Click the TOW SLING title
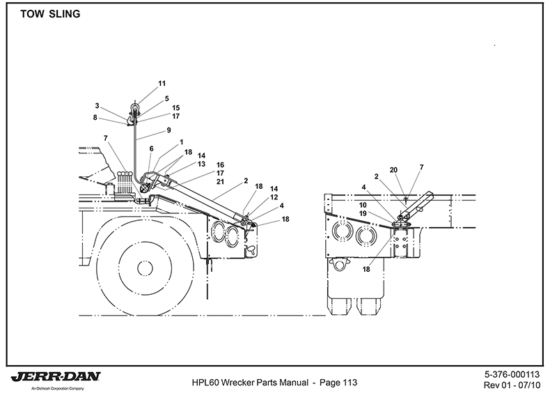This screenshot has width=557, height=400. [50, 14]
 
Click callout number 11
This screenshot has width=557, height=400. [162, 84]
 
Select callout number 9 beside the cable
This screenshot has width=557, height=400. [168, 130]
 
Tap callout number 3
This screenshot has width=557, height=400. [97, 106]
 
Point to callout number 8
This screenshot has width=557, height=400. [95, 117]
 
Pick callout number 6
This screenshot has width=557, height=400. [151, 148]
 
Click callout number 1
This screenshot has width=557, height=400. [182, 142]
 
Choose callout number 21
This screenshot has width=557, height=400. [220, 182]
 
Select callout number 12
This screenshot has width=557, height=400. [274, 197]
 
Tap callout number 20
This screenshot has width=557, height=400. [393, 170]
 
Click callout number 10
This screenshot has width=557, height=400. [363, 205]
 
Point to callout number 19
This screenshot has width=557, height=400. [363, 213]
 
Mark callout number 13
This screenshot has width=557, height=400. [201, 164]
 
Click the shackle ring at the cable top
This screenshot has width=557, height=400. [136, 106]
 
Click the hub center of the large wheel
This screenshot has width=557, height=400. [145, 268]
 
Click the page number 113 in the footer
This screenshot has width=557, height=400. [350, 383]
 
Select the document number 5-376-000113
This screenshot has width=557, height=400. [512, 374]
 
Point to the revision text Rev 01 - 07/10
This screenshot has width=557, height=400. [512, 385]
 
